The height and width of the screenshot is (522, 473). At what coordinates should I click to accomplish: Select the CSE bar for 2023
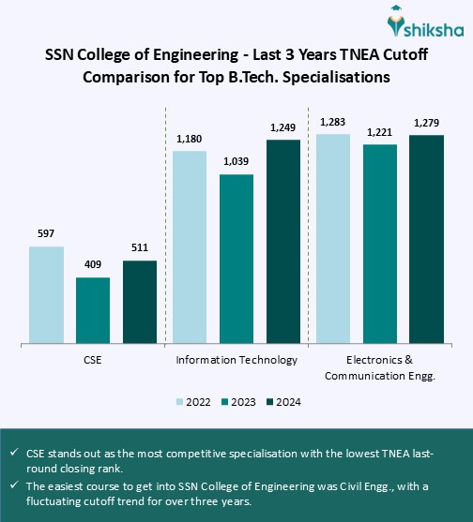(93, 310)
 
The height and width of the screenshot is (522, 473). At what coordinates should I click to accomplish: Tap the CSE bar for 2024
(140, 302)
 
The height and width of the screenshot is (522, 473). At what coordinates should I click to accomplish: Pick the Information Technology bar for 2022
(190, 246)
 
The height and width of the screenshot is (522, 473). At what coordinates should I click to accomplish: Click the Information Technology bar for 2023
(236, 258)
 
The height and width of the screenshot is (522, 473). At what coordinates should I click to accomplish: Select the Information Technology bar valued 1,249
(283, 241)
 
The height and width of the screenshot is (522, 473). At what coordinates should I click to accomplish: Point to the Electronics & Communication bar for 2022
(333, 238)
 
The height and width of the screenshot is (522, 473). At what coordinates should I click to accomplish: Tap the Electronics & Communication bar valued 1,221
(380, 243)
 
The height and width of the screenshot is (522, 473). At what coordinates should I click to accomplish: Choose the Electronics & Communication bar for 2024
(426, 239)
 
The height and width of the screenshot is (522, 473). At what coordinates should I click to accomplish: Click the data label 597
(46, 234)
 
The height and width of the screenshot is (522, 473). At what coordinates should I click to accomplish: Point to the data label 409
(93, 265)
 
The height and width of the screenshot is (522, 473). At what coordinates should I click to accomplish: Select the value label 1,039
(236, 161)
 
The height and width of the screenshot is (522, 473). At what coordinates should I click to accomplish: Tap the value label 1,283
(333, 122)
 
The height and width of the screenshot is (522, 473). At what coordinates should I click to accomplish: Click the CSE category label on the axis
(92, 360)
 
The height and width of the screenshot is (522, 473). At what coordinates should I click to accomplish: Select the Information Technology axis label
(236, 360)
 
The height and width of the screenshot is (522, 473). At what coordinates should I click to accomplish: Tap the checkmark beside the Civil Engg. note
(15, 485)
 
